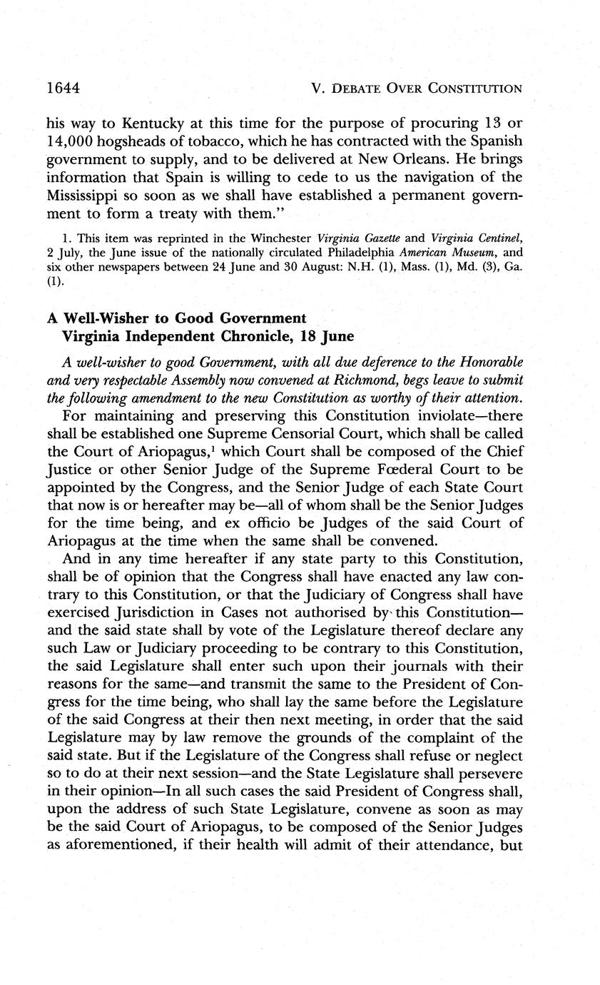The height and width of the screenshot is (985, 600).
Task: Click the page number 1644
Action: coord(62,88)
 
